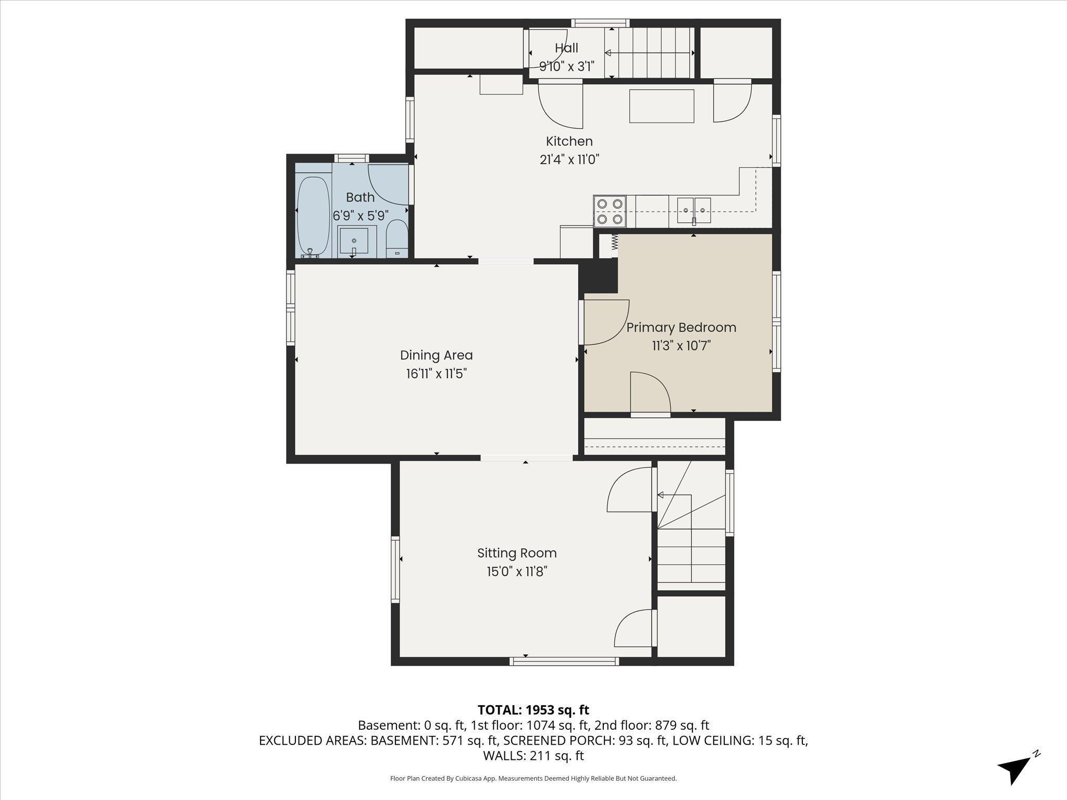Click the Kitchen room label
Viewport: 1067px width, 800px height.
569,141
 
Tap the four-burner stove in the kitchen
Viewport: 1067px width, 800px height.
610,211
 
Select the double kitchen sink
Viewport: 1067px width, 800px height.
694,210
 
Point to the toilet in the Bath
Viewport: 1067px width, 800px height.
397,239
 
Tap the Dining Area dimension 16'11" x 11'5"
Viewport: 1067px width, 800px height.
436,374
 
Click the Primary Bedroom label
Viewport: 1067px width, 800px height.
681,328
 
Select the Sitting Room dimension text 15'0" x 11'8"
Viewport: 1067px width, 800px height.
517,571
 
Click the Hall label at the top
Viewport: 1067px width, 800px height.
566,48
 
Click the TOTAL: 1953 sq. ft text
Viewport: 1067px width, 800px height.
533,709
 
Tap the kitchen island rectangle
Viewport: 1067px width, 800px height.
662,106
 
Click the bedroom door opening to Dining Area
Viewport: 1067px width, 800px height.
604,323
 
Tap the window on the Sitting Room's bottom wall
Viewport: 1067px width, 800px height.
564,661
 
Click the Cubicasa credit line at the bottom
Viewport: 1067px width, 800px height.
533,779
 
